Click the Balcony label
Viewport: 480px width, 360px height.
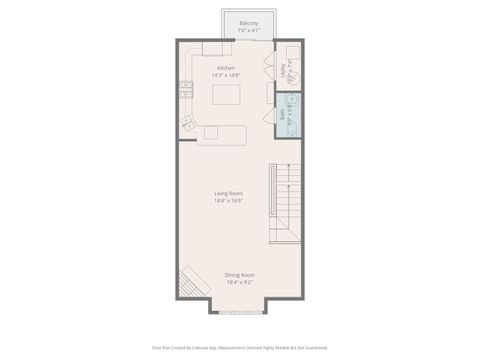(x=249, y=22)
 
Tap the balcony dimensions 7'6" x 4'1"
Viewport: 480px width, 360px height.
(x=249, y=29)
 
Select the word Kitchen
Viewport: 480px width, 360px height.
(x=226, y=68)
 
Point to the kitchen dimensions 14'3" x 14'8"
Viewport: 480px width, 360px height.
(x=226, y=75)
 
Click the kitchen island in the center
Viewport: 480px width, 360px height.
(x=227, y=95)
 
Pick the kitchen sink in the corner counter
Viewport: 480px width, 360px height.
(x=187, y=123)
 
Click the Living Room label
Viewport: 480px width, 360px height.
(x=228, y=193)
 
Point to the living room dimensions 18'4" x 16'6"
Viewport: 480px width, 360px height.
(x=228, y=200)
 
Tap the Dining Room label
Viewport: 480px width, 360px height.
(x=239, y=275)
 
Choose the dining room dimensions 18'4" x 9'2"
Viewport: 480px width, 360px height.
(x=239, y=282)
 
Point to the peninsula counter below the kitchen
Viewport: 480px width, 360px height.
(x=222, y=135)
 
